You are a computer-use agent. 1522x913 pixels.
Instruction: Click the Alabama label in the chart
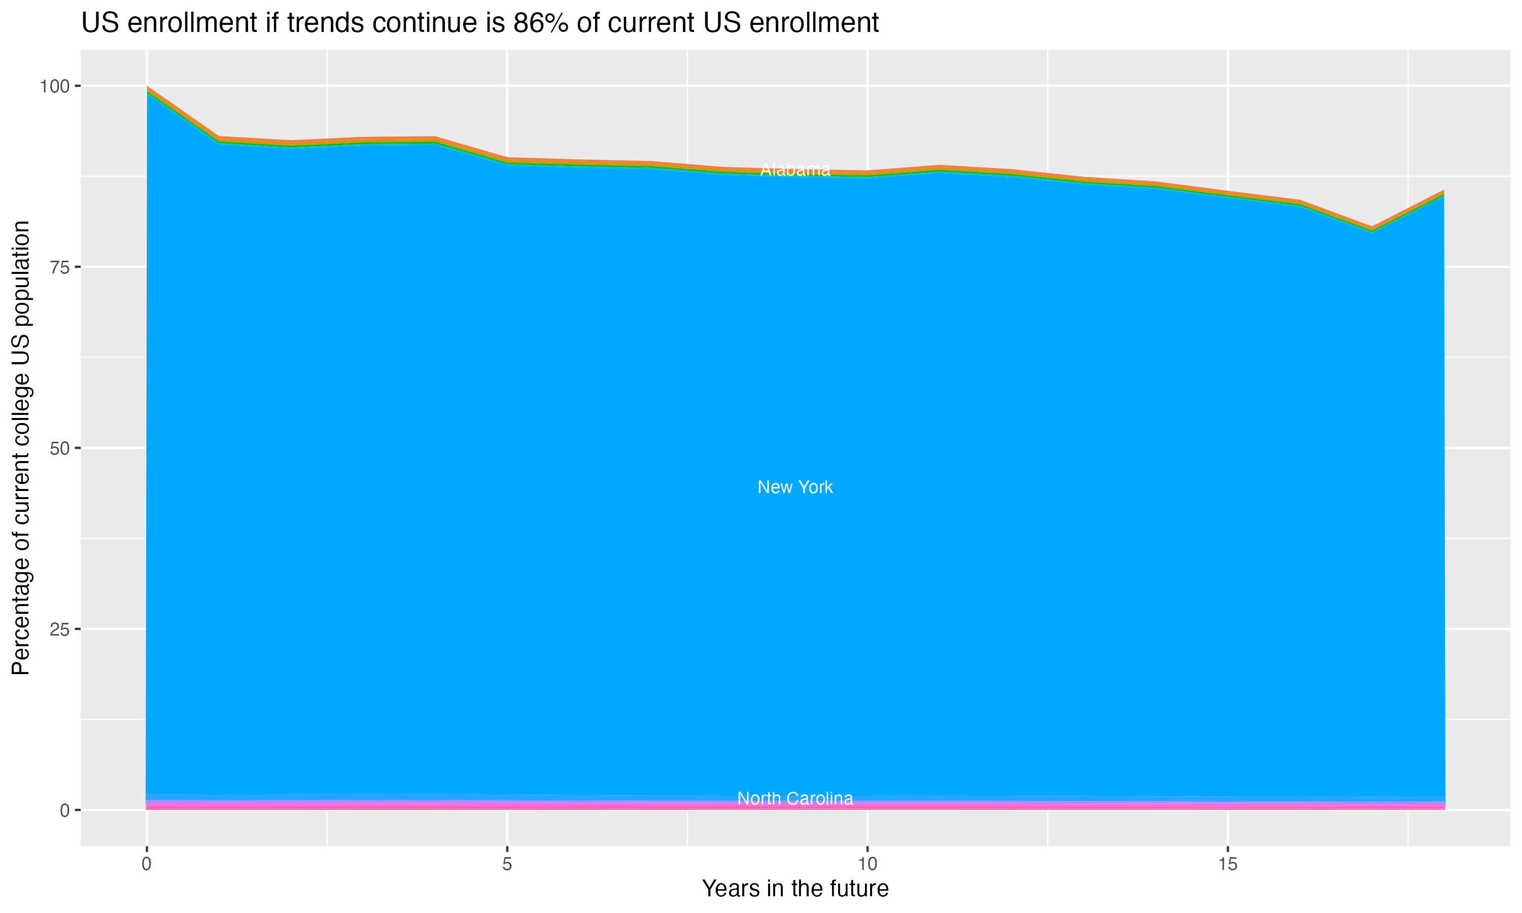click(x=795, y=170)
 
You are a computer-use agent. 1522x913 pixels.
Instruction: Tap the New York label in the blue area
click(x=795, y=487)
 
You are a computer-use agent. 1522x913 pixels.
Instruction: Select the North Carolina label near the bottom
click(x=795, y=798)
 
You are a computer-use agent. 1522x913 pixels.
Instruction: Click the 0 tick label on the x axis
click(x=147, y=864)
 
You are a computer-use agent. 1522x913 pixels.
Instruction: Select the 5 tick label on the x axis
click(x=507, y=864)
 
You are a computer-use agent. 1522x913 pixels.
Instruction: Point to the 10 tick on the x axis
click(x=868, y=864)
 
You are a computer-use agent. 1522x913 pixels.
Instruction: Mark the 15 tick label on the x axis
click(x=1228, y=864)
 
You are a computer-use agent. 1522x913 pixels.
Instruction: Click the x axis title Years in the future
click(x=795, y=889)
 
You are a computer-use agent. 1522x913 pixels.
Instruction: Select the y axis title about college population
click(x=21, y=448)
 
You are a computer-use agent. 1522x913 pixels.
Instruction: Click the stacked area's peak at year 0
click(x=147, y=88)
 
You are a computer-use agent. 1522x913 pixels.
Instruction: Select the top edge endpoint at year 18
click(x=1444, y=191)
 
